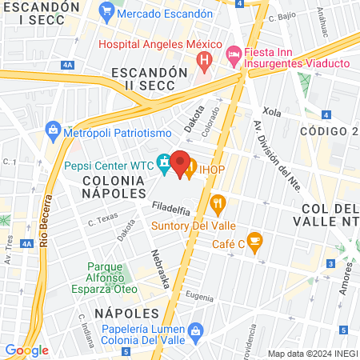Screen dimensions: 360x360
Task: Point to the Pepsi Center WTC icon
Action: [164, 163]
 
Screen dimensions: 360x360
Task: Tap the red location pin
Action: [180, 162]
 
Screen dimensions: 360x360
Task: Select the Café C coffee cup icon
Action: [254, 240]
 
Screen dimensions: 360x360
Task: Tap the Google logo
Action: [26, 350]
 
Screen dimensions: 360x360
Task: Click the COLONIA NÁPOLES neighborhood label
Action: [114, 187]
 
